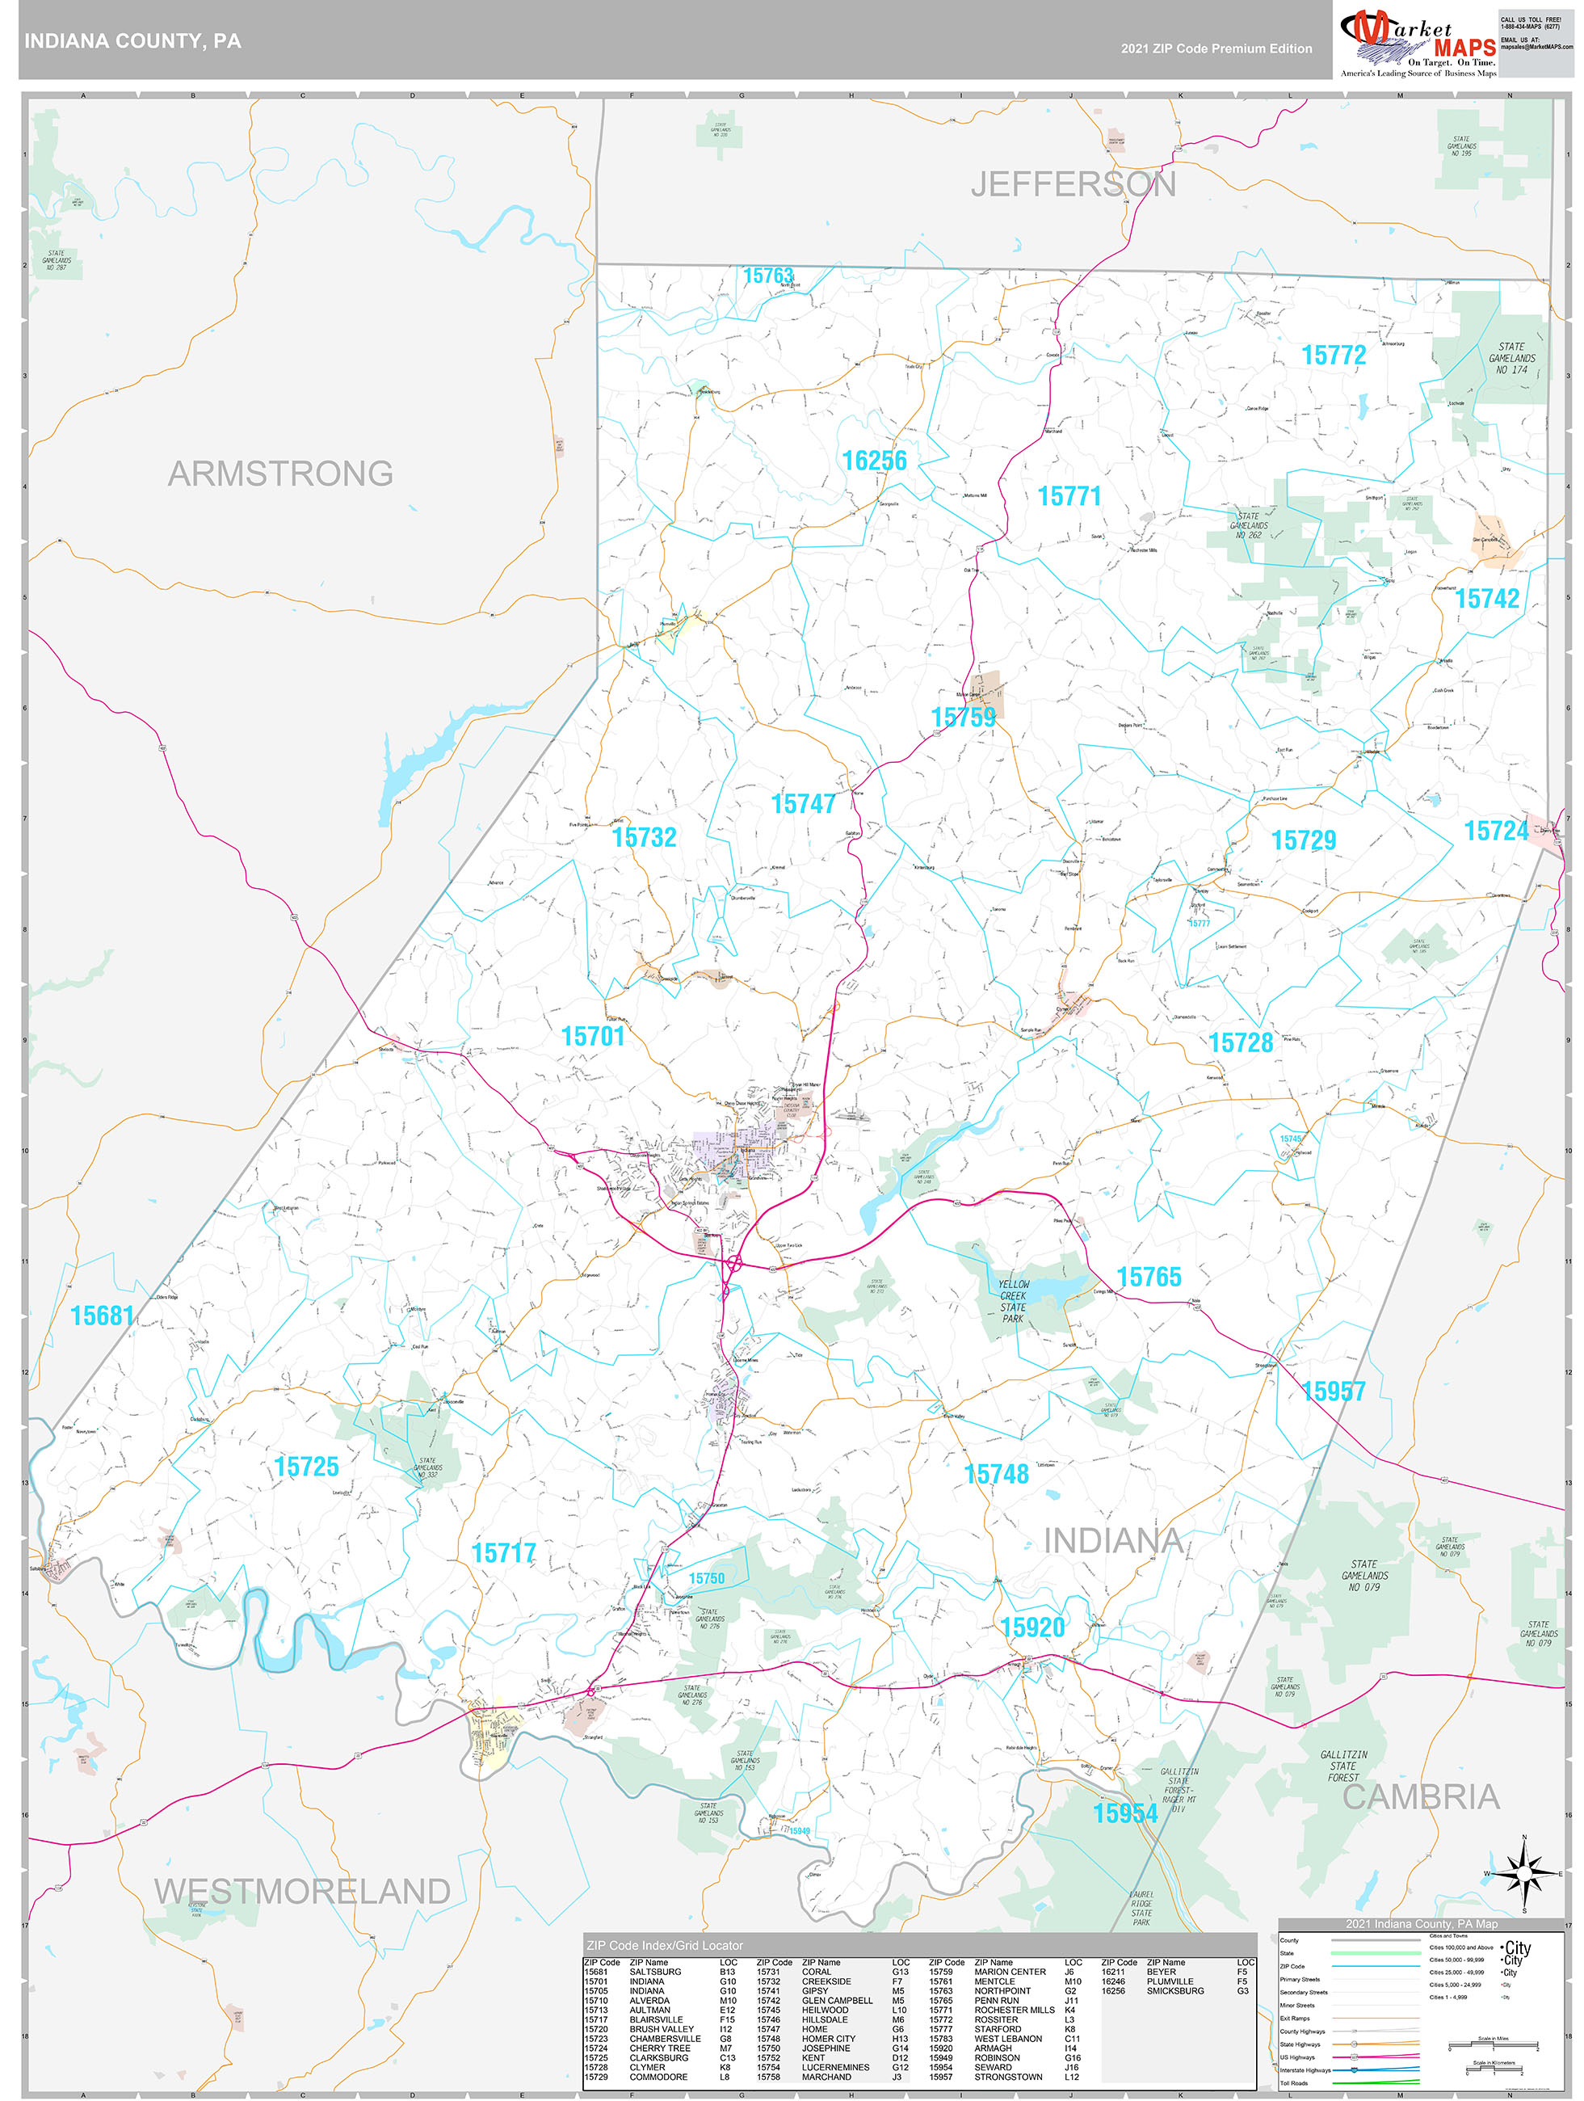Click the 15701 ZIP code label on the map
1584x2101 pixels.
pos(593,1036)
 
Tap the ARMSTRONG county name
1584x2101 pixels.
pos(280,473)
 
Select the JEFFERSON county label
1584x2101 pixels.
pos(1073,184)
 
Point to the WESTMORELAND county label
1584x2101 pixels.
pos(302,1891)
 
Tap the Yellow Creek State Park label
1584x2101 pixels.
pos(1012,1301)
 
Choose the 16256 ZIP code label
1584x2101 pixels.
pos(874,461)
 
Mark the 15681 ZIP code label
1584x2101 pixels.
pos(102,1316)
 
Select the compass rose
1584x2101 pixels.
pos(1523,1873)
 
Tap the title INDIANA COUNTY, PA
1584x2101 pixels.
pos(133,41)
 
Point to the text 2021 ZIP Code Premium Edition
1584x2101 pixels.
pos(1216,48)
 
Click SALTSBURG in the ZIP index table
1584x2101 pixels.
pos(654,1972)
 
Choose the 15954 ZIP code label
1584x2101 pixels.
pos(1124,1813)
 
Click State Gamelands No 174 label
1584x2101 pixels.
pos(1510,358)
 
